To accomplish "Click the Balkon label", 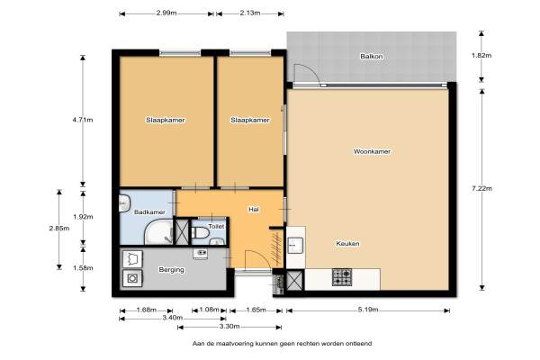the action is pyautogui.click(x=372, y=56).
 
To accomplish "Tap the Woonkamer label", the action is pyautogui.click(x=372, y=151).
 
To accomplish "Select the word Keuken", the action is pyautogui.click(x=347, y=244).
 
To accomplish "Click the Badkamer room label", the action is pyautogui.click(x=149, y=212).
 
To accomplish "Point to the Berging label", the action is pyautogui.click(x=172, y=270).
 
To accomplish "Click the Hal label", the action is pyautogui.click(x=254, y=210).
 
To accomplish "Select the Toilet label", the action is pyautogui.click(x=216, y=226).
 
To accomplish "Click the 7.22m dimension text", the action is pyautogui.click(x=481, y=188).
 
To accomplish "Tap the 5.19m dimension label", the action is pyautogui.click(x=368, y=310).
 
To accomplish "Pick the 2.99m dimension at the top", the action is pyautogui.click(x=166, y=13).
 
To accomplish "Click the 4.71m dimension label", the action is pyautogui.click(x=83, y=120).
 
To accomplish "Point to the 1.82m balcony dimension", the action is pyautogui.click(x=481, y=55).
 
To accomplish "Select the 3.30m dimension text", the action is pyautogui.click(x=229, y=326).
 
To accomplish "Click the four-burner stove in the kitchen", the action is pyautogui.click(x=342, y=277).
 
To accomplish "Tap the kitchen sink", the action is pyautogui.click(x=295, y=246).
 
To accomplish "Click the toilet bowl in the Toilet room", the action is pyautogui.click(x=200, y=233).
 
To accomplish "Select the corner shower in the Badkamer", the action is pyautogui.click(x=158, y=233).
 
